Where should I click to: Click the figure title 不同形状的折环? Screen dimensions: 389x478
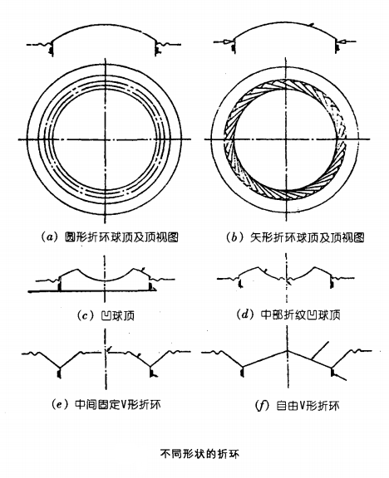(199, 454)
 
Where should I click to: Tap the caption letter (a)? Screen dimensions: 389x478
(49, 237)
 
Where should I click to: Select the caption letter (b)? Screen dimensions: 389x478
(234, 237)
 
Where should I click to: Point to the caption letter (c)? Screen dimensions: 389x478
(86, 315)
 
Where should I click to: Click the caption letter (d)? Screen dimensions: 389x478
(245, 315)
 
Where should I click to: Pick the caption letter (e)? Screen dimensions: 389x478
(60, 404)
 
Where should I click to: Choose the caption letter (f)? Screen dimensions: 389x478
(262, 406)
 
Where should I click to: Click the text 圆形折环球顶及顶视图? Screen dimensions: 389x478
(121, 237)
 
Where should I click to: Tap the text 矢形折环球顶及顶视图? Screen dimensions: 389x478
(308, 237)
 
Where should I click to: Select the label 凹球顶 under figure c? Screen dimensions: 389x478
(117, 315)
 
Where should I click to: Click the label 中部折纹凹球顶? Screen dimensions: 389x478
(301, 315)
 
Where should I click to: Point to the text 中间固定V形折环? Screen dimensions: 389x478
(117, 404)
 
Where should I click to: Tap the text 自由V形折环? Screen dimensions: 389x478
(308, 406)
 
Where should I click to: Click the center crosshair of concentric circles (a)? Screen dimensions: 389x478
(105, 139)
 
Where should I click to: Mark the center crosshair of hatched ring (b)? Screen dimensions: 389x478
(286, 139)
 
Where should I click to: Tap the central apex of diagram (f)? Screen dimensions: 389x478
(288, 350)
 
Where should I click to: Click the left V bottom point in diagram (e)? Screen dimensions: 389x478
(59, 367)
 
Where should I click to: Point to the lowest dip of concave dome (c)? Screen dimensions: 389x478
(105, 280)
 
